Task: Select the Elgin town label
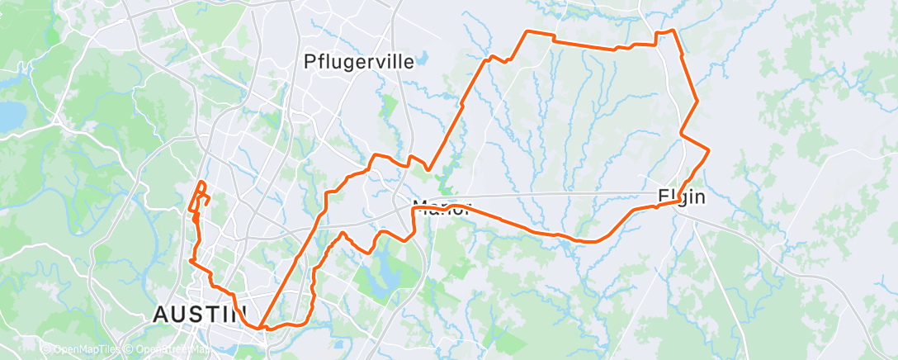point(682,197)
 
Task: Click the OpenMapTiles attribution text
point(81,350)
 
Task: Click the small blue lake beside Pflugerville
point(423,59)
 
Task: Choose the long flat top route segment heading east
point(586,45)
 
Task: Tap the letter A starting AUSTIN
point(161,314)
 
